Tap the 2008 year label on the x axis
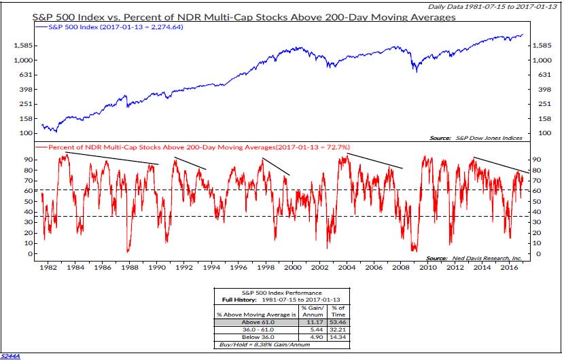click(x=401, y=268)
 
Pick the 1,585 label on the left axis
click(x=22, y=46)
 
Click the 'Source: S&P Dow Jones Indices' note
click(x=476, y=138)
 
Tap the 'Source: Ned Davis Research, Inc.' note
click(x=474, y=258)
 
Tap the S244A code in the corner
click(x=11, y=355)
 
